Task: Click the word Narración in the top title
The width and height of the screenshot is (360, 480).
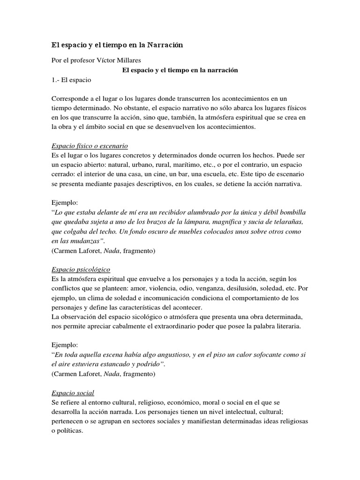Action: point(165,45)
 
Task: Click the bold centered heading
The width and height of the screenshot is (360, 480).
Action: point(180,70)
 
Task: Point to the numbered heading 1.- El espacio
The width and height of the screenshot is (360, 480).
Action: point(71,80)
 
